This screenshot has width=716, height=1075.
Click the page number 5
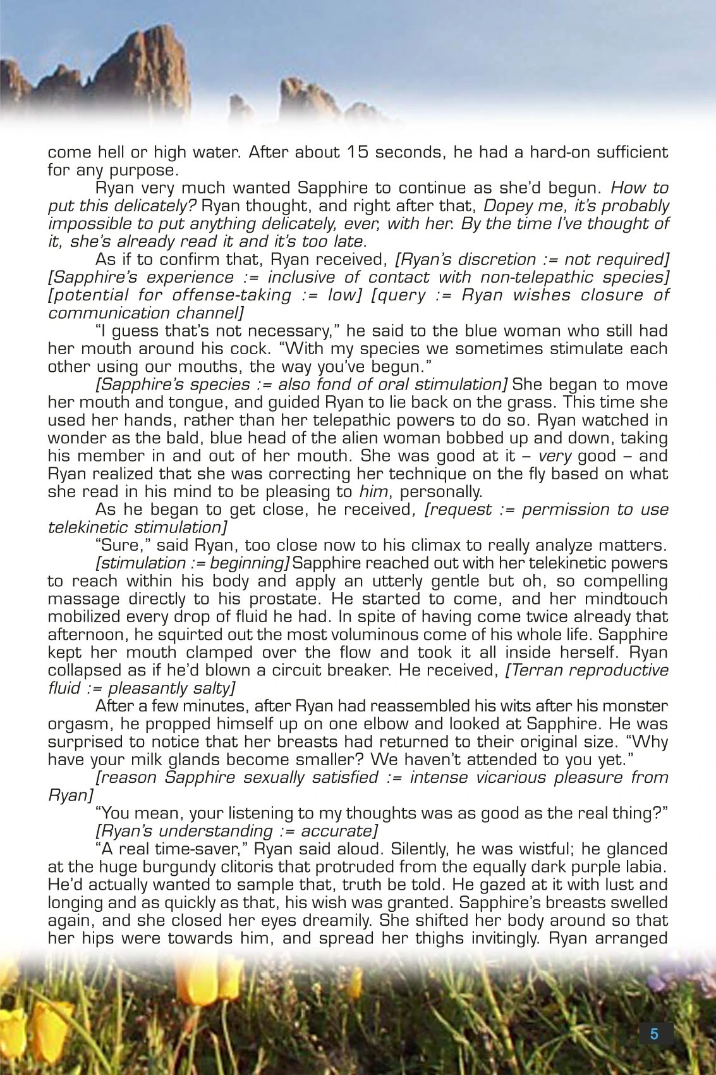point(654,1034)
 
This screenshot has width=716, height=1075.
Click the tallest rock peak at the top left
point(155,51)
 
